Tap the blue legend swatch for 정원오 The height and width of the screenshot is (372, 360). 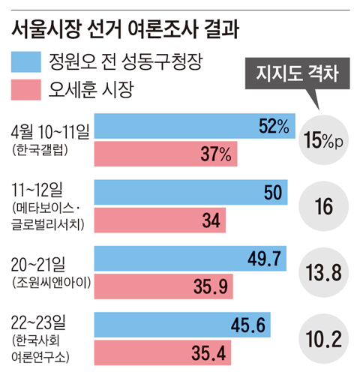pyautogui.click(x=28, y=61)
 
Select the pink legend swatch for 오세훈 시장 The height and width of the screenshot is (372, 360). pyautogui.click(x=28, y=91)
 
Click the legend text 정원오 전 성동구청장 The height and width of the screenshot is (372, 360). pyautogui.click(x=124, y=61)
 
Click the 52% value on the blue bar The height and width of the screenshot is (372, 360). pyautogui.click(x=273, y=127)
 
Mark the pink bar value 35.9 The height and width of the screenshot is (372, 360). pyautogui.click(x=213, y=286)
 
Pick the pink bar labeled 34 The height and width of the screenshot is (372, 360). pyautogui.click(x=157, y=220)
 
